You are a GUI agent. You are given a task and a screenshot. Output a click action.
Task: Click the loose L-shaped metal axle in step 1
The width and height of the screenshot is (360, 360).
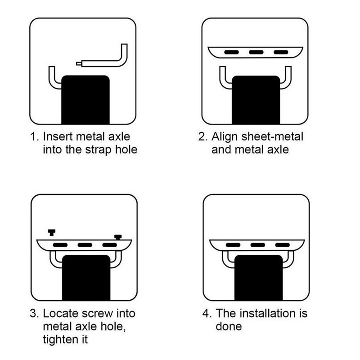103,63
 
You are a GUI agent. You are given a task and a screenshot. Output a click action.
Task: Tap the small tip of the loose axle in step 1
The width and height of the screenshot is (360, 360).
79,63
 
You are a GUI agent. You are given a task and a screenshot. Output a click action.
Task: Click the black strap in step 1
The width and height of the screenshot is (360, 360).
85,99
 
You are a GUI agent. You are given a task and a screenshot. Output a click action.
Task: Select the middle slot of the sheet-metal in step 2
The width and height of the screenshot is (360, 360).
256,52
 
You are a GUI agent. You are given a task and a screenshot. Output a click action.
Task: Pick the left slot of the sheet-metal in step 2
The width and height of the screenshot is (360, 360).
231,52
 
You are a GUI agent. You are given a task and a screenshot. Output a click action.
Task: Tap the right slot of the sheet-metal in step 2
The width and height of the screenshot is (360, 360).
281,52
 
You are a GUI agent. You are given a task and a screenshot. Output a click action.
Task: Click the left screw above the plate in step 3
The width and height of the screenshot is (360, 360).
52,232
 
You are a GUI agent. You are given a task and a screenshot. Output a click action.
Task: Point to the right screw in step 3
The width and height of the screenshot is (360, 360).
118,237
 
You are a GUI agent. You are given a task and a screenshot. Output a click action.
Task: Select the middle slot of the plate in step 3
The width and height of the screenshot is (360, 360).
85,245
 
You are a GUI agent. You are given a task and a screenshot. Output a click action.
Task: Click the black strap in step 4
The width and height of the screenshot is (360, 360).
258,277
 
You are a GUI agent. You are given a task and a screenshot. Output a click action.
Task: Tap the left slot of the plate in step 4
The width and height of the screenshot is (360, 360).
233,245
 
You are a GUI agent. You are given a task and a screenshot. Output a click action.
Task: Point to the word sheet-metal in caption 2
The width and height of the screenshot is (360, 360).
272,136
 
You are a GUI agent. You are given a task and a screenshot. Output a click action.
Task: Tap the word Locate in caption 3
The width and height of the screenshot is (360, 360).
61,313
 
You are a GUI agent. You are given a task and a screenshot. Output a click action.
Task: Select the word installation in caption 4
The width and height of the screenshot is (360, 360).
267,313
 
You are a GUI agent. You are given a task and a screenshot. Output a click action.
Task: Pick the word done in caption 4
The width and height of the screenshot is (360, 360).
229,326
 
